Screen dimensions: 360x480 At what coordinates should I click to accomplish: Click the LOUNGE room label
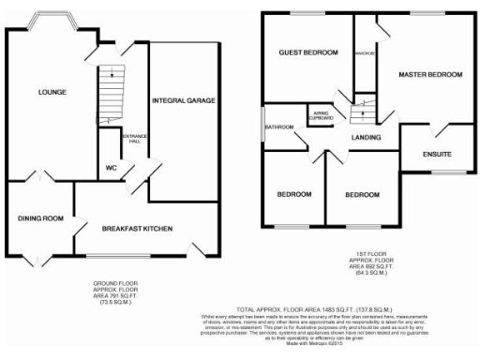coord(52,92)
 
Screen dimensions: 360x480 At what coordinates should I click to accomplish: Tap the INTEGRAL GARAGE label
coord(184,99)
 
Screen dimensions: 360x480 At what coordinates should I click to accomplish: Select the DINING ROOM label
coord(40,218)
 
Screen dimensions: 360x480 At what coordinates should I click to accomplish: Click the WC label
coord(112,170)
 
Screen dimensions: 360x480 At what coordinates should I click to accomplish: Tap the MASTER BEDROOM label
coord(430,73)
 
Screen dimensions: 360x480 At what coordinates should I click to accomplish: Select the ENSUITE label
coord(437,154)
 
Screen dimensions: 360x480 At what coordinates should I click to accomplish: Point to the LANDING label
coord(367,138)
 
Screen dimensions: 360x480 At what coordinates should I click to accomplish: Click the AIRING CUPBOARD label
coord(324,116)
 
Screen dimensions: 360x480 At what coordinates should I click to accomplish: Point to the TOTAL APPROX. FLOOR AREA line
coord(313,308)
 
